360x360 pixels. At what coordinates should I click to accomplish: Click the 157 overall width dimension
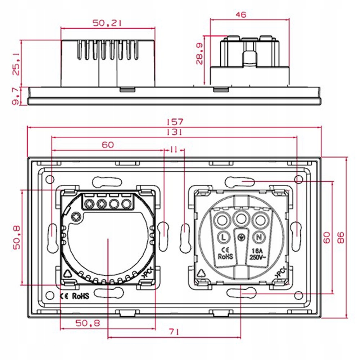click(x=175, y=121)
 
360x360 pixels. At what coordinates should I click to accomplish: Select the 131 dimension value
click(x=175, y=132)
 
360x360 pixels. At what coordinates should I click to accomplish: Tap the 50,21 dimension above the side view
click(x=107, y=23)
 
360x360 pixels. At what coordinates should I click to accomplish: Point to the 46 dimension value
click(x=240, y=15)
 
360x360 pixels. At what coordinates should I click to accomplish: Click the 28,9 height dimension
click(x=199, y=54)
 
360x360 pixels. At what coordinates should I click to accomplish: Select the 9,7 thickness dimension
click(x=16, y=96)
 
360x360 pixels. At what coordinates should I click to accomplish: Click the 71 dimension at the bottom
click(x=174, y=332)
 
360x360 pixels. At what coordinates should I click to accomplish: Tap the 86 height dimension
click(x=341, y=238)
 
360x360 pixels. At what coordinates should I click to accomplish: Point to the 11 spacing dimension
click(x=174, y=150)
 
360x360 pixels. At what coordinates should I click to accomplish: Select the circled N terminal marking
click(x=259, y=237)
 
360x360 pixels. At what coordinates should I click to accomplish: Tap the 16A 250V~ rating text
click(x=257, y=253)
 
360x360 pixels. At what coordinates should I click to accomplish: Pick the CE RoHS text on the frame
click(x=74, y=296)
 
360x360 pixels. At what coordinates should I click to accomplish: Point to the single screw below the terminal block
click(x=76, y=216)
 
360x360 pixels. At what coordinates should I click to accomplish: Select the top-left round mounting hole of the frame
click(x=50, y=179)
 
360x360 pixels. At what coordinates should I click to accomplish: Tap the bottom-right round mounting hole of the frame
click(x=298, y=296)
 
